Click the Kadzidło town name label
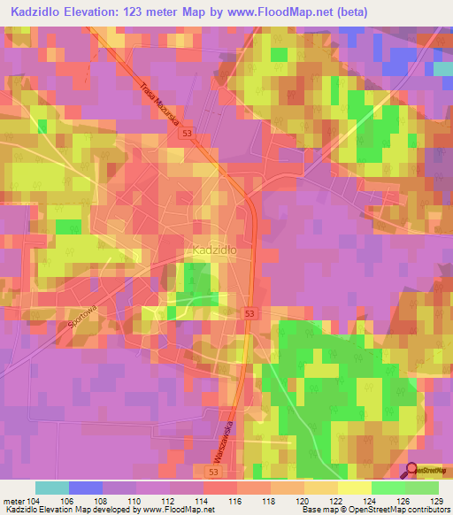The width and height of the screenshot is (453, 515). tap(212, 250)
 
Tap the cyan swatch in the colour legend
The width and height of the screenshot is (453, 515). tap(51, 488)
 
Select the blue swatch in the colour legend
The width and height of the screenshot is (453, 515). tap(85, 488)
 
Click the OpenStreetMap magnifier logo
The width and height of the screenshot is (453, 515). tap(413, 473)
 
